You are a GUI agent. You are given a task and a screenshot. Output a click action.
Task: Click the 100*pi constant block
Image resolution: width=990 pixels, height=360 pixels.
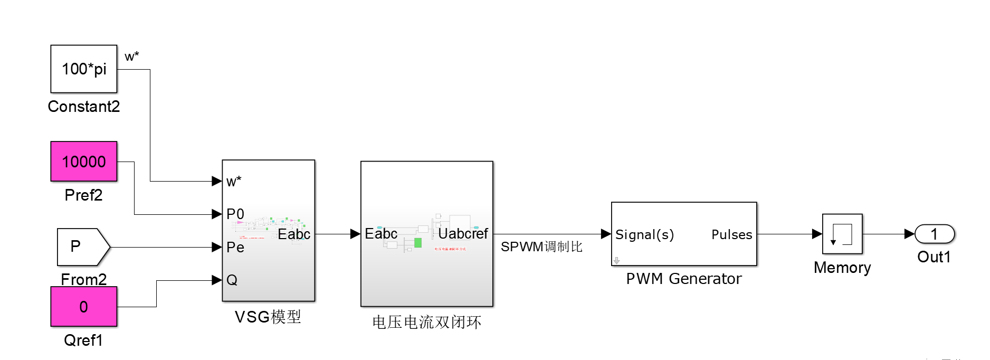pos(83,69)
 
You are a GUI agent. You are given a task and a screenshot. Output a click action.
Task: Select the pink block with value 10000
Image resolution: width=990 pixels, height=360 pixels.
pos(83,162)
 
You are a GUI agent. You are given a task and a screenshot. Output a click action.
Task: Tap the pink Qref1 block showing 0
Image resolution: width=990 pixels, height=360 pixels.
pos(83,307)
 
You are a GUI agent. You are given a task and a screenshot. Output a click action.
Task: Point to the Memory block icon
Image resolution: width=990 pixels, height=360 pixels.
pos(842,234)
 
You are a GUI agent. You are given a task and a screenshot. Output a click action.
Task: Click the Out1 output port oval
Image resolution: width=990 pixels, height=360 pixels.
pos(934,234)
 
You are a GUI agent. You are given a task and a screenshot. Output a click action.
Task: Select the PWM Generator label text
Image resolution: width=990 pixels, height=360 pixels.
pos(683,279)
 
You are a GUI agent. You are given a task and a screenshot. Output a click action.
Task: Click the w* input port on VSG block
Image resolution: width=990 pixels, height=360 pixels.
pos(233,182)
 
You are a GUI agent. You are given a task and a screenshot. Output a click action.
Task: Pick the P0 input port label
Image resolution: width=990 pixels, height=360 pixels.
pos(235,214)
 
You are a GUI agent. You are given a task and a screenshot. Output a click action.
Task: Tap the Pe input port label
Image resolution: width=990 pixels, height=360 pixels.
pos(235,247)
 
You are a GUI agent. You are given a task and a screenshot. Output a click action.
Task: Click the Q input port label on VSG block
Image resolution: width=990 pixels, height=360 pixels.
pos(232,280)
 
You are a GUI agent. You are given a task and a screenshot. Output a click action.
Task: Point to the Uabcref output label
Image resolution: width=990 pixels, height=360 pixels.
pos(463,233)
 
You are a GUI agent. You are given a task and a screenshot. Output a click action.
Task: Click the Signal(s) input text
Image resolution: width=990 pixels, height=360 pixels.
pos(644,234)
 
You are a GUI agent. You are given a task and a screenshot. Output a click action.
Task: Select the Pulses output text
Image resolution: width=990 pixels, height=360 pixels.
pos(731,234)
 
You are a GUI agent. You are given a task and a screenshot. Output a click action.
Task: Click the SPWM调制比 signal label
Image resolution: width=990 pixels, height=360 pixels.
pos(541,247)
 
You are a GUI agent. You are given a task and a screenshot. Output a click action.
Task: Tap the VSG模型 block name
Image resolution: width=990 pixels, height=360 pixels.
pos(268,317)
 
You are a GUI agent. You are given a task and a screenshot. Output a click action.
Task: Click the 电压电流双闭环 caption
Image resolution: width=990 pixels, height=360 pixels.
pos(426,322)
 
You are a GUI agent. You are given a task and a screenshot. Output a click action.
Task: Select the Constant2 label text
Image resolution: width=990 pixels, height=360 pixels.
pos(83,107)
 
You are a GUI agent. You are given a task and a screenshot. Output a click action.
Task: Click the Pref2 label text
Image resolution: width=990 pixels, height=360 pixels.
pos(83,195)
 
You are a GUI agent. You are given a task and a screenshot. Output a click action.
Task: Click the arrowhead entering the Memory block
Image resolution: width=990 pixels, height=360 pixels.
pos(817,234)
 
